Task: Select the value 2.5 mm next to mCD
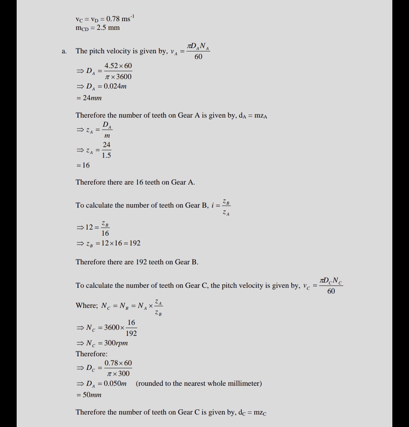[108, 28]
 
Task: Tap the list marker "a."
[64, 51]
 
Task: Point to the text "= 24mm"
[89, 98]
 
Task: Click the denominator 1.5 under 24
[106, 155]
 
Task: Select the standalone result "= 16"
[83, 165]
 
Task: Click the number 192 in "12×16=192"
[135, 243]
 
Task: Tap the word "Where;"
[87, 306]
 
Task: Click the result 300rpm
[116, 343]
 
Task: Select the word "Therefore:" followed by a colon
[92, 354]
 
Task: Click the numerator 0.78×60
[118, 363]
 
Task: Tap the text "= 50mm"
[89, 394]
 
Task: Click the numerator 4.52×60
[118, 66]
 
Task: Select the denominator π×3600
[118, 77]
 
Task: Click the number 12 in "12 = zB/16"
[89, 227]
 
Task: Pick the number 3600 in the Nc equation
[112, 328]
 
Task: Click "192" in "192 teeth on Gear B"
[141, 262]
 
